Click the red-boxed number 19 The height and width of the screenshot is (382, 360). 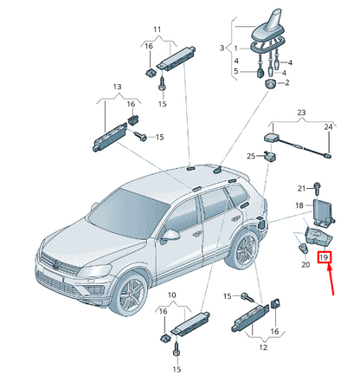[x=325, y=257]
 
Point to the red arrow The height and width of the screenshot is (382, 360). [x=331, y=280]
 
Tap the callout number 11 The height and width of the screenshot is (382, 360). [x=157, y=29]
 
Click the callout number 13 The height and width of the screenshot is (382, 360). [x=117, y=87]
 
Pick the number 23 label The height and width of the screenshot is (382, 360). [x=301, y=113]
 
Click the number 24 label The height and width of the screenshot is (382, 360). [x=328, y=126]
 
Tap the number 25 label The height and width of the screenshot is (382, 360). [x=251, y=156]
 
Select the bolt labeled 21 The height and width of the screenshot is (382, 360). [x=317, y=187]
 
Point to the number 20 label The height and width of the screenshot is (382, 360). [x=305, y=264]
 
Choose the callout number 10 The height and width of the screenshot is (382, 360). [x=171, y=295]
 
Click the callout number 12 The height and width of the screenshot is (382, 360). [x=263, y=347]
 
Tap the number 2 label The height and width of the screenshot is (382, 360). [x=287, y=83]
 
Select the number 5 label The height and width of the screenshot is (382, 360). [x=236, y=71]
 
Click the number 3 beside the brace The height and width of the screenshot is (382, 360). [x=222, y=48]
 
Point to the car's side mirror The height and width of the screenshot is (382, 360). [x=170, y=235]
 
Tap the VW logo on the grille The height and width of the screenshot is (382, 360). [x=56, y=263]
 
